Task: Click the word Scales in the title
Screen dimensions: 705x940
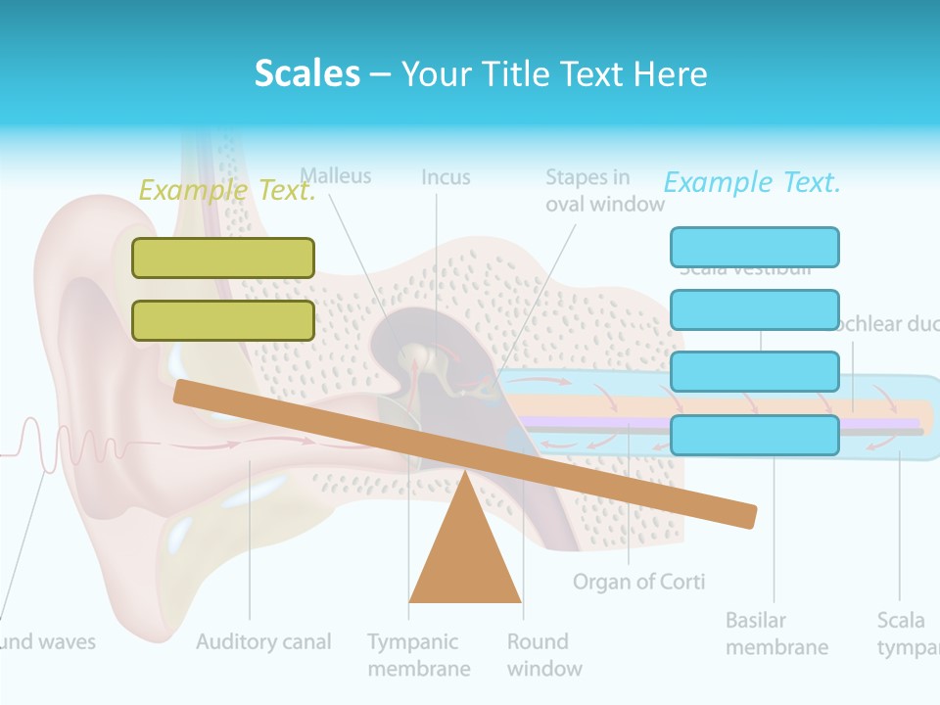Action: pos(306,73)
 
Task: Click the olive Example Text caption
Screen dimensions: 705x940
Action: pos(227,190)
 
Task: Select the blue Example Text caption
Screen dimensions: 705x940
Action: pos(752,182)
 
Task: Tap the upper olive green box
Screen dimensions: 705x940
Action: pos(223,258)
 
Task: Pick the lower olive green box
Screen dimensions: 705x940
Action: pos(223,320)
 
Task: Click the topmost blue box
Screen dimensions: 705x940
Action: pos(754,247)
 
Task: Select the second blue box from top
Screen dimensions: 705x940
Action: pos(754,309)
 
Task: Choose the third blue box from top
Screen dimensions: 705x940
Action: pos(754,372)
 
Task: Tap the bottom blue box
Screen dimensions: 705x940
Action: pos(754,435)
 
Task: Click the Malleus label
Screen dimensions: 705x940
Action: pos(336,176)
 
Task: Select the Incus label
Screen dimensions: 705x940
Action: pos(446,177)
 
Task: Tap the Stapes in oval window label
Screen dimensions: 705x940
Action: pos(604,191)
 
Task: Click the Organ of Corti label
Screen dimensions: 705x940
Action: pos(638,582)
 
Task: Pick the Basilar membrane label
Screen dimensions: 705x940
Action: pos(776,634)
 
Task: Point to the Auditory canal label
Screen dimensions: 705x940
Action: pos(263,642)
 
